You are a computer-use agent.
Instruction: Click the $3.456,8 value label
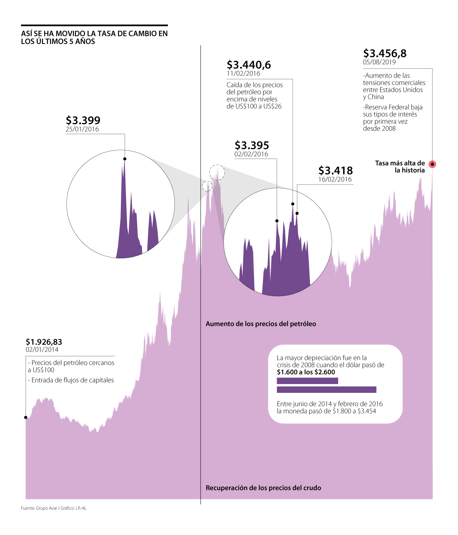coord(385,53)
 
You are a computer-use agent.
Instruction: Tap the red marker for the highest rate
coord(432,164)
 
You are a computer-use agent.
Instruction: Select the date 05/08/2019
coord(379,62)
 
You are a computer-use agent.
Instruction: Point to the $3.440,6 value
coord(249,65)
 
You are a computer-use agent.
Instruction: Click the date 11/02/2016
coord(243,74)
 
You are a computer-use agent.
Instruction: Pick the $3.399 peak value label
coord(83,120)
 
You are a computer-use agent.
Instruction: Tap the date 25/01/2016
coord(82,129)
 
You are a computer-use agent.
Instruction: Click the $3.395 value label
coord(252,146)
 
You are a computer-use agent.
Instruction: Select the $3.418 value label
coord(335,170)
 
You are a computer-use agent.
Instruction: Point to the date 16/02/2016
coord(335,179)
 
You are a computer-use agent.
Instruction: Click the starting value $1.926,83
coord(44,342)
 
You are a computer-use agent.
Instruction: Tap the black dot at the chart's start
coord(26,417)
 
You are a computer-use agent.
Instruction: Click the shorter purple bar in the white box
coord(307,381)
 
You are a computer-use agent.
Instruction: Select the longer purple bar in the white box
coord(326,390)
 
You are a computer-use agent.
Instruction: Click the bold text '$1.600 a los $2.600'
coord(306,372)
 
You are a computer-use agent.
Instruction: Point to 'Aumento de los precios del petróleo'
coord(261,324)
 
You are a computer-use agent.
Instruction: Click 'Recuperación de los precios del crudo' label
coord(263,488)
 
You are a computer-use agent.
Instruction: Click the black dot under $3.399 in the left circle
coord(125,159)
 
